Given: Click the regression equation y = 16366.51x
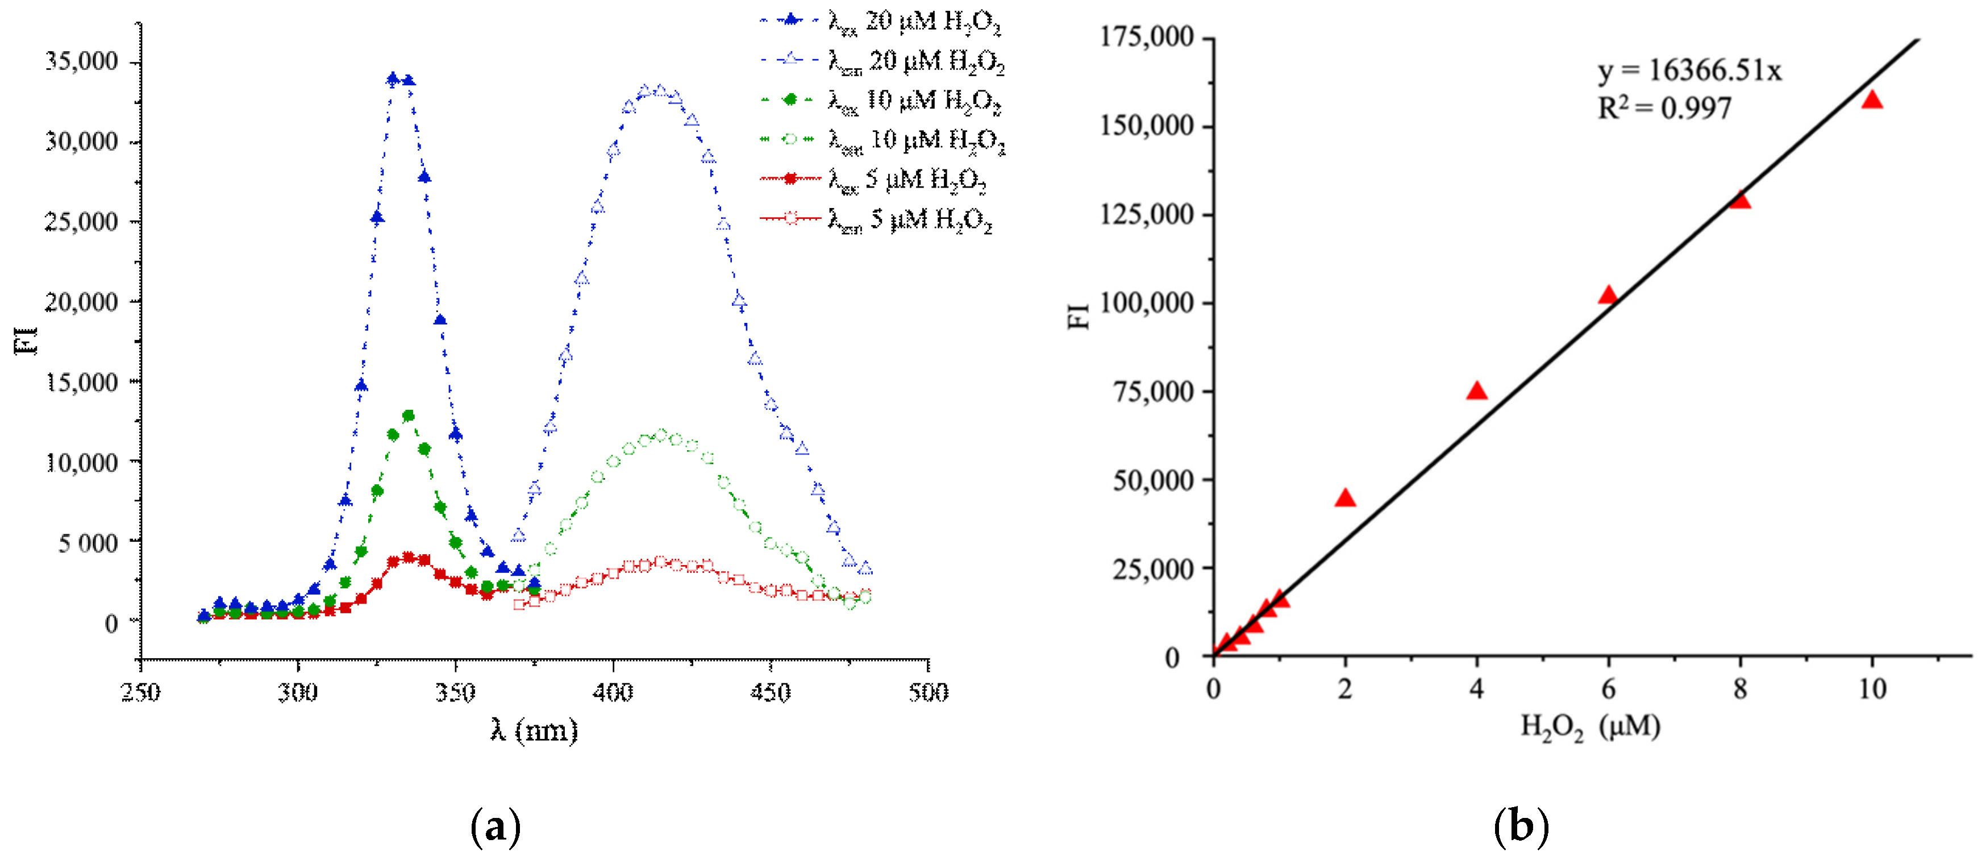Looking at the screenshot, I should tap(1688, 71).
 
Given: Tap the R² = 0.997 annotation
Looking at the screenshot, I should tap(1664, 108).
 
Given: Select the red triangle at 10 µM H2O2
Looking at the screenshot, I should tap(1872, 100).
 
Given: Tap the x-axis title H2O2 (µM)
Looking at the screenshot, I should tap(1590, 726).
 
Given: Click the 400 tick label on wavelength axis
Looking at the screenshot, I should tap(613, 692).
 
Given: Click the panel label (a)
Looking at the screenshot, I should tap(496, 827).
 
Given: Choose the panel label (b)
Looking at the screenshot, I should tap(1521, 827).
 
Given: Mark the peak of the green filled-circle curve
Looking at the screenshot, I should tap(409, 416).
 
